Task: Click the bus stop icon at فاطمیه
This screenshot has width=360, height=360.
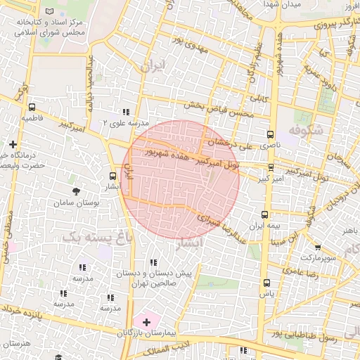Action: tap(32, 108)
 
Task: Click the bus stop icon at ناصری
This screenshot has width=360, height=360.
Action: tap(271, 134)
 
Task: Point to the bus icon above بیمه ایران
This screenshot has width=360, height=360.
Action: tap(265, 215)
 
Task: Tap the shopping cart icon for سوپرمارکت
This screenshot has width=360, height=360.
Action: tap(318, 247)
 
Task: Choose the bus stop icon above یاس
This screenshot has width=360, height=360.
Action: tap(266, 283)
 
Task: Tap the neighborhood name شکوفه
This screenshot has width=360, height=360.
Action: tap(304, 130)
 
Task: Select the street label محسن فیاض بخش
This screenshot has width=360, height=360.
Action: tap(218, 109)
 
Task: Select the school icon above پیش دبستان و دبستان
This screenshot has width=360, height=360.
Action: tap(154, 262)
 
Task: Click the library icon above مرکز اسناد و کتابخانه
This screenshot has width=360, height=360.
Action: tap(49, 11)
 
